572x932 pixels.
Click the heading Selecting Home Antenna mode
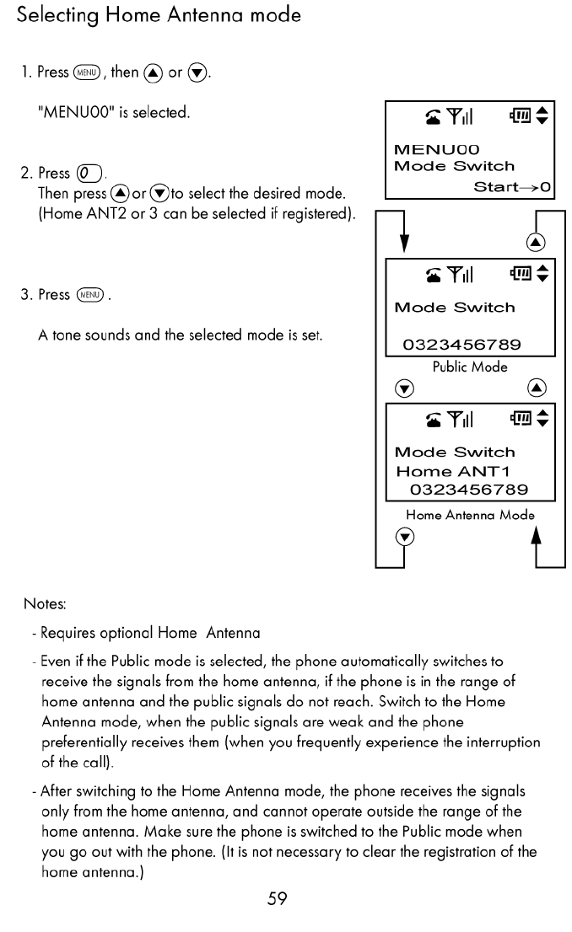pyautogui.click(x=159, y=16)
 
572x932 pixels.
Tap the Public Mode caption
pyautogui.click(x=469, y=367)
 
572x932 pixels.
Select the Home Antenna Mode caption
pyautogui.click(x=470, y=514)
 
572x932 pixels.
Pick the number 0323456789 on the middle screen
pyautogui.click(x=462, y=345)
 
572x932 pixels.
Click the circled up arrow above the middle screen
pyautogui.click(x=534, y=243)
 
